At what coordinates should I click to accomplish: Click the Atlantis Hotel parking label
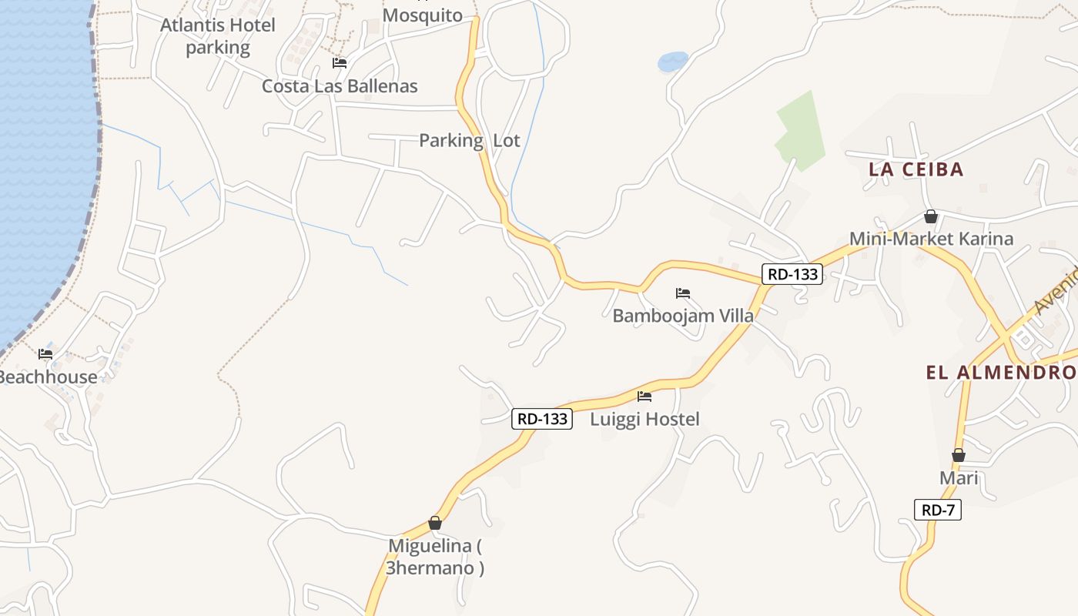[x=217, y=36]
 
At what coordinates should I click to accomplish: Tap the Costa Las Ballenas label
[x=340, y=85]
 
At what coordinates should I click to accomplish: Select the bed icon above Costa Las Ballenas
[x=340, y=63]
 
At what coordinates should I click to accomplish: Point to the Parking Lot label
[x=470, y=140]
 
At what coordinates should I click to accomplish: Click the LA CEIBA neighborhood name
[x=916, y=169]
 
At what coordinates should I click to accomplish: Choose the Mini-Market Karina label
[x=931, y=239]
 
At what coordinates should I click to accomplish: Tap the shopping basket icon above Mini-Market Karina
[x=931, y=216]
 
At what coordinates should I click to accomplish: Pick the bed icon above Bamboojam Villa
[x=683, y=293]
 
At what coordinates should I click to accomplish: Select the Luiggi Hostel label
[x=644, y=419]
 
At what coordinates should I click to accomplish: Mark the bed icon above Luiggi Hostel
[x=644, y=397]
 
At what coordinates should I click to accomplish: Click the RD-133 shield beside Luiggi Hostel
[x=542, y=419]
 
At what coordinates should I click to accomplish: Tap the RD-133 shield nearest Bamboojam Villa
[x=792, y=273]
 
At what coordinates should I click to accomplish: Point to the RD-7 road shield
[x=938, y=509]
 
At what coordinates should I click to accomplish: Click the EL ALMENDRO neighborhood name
[x=1001, y=373]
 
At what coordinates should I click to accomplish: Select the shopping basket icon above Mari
[x=959, y=455]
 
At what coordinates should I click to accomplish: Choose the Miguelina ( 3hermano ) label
[x=435, y=557]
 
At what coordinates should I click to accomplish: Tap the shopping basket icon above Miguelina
[x=435, y=524]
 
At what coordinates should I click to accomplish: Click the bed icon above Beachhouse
[x=45, y=354]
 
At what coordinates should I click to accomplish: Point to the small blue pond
[x=673, y=61]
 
